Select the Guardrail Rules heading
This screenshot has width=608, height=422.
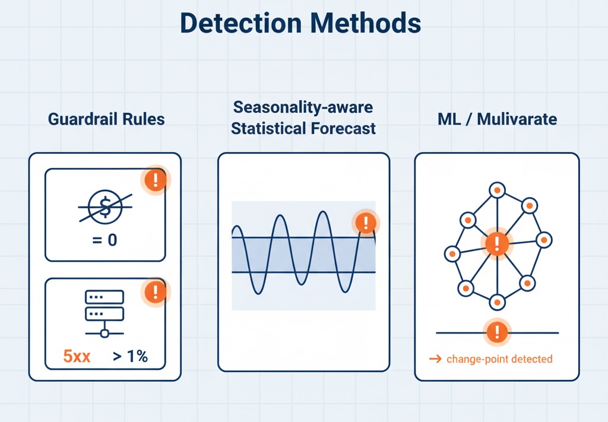(106, 119)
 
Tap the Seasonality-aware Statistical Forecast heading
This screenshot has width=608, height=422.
(303, 118)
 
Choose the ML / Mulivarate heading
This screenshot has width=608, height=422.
(497, 119)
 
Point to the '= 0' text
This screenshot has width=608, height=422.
(105, 241)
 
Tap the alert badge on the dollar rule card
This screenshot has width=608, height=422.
(156, 179)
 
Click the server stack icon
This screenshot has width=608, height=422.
(104, 312)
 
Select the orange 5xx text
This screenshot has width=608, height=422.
(77, 357)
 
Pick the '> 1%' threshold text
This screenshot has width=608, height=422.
(129, 357)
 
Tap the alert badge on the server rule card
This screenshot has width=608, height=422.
(156, 291)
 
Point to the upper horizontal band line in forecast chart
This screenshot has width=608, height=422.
(303, 238)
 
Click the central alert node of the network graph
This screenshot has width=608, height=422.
(496, 243)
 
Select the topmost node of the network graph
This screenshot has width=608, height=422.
(496, 190)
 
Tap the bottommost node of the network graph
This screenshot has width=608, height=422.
(496, 302)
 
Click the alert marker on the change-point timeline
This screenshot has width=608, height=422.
(496, 332)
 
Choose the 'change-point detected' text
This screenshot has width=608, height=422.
(499, 359)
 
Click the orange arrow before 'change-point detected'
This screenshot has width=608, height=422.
(435, 359)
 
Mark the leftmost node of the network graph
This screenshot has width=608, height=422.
(452, 254)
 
